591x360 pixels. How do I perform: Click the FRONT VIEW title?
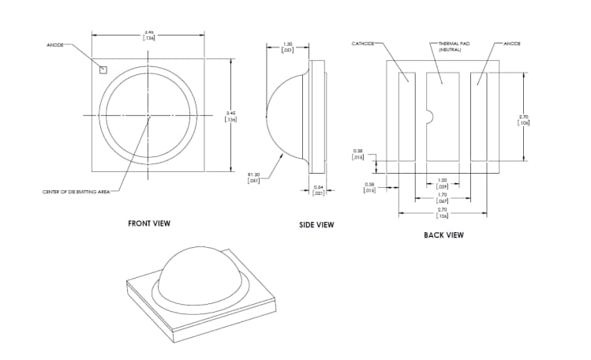[149, 223]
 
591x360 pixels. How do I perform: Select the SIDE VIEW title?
[316, 225]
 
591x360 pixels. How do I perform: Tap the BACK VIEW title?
[443, 234]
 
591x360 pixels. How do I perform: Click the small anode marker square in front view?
[103, 68]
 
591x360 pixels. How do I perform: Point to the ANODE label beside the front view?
[56, 45]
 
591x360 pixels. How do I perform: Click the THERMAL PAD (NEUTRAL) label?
[454, 47]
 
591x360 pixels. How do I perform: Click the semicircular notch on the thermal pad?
[429, 116]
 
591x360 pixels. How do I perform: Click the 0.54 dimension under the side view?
[319, 190]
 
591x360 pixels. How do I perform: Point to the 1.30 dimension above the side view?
[288, 47]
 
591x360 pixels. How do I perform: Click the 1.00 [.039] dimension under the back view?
[443, 183]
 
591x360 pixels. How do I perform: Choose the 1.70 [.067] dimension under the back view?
[443, 197]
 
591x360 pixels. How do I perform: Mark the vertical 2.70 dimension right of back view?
[522, 119]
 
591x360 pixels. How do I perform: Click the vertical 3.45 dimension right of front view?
[230, 116]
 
